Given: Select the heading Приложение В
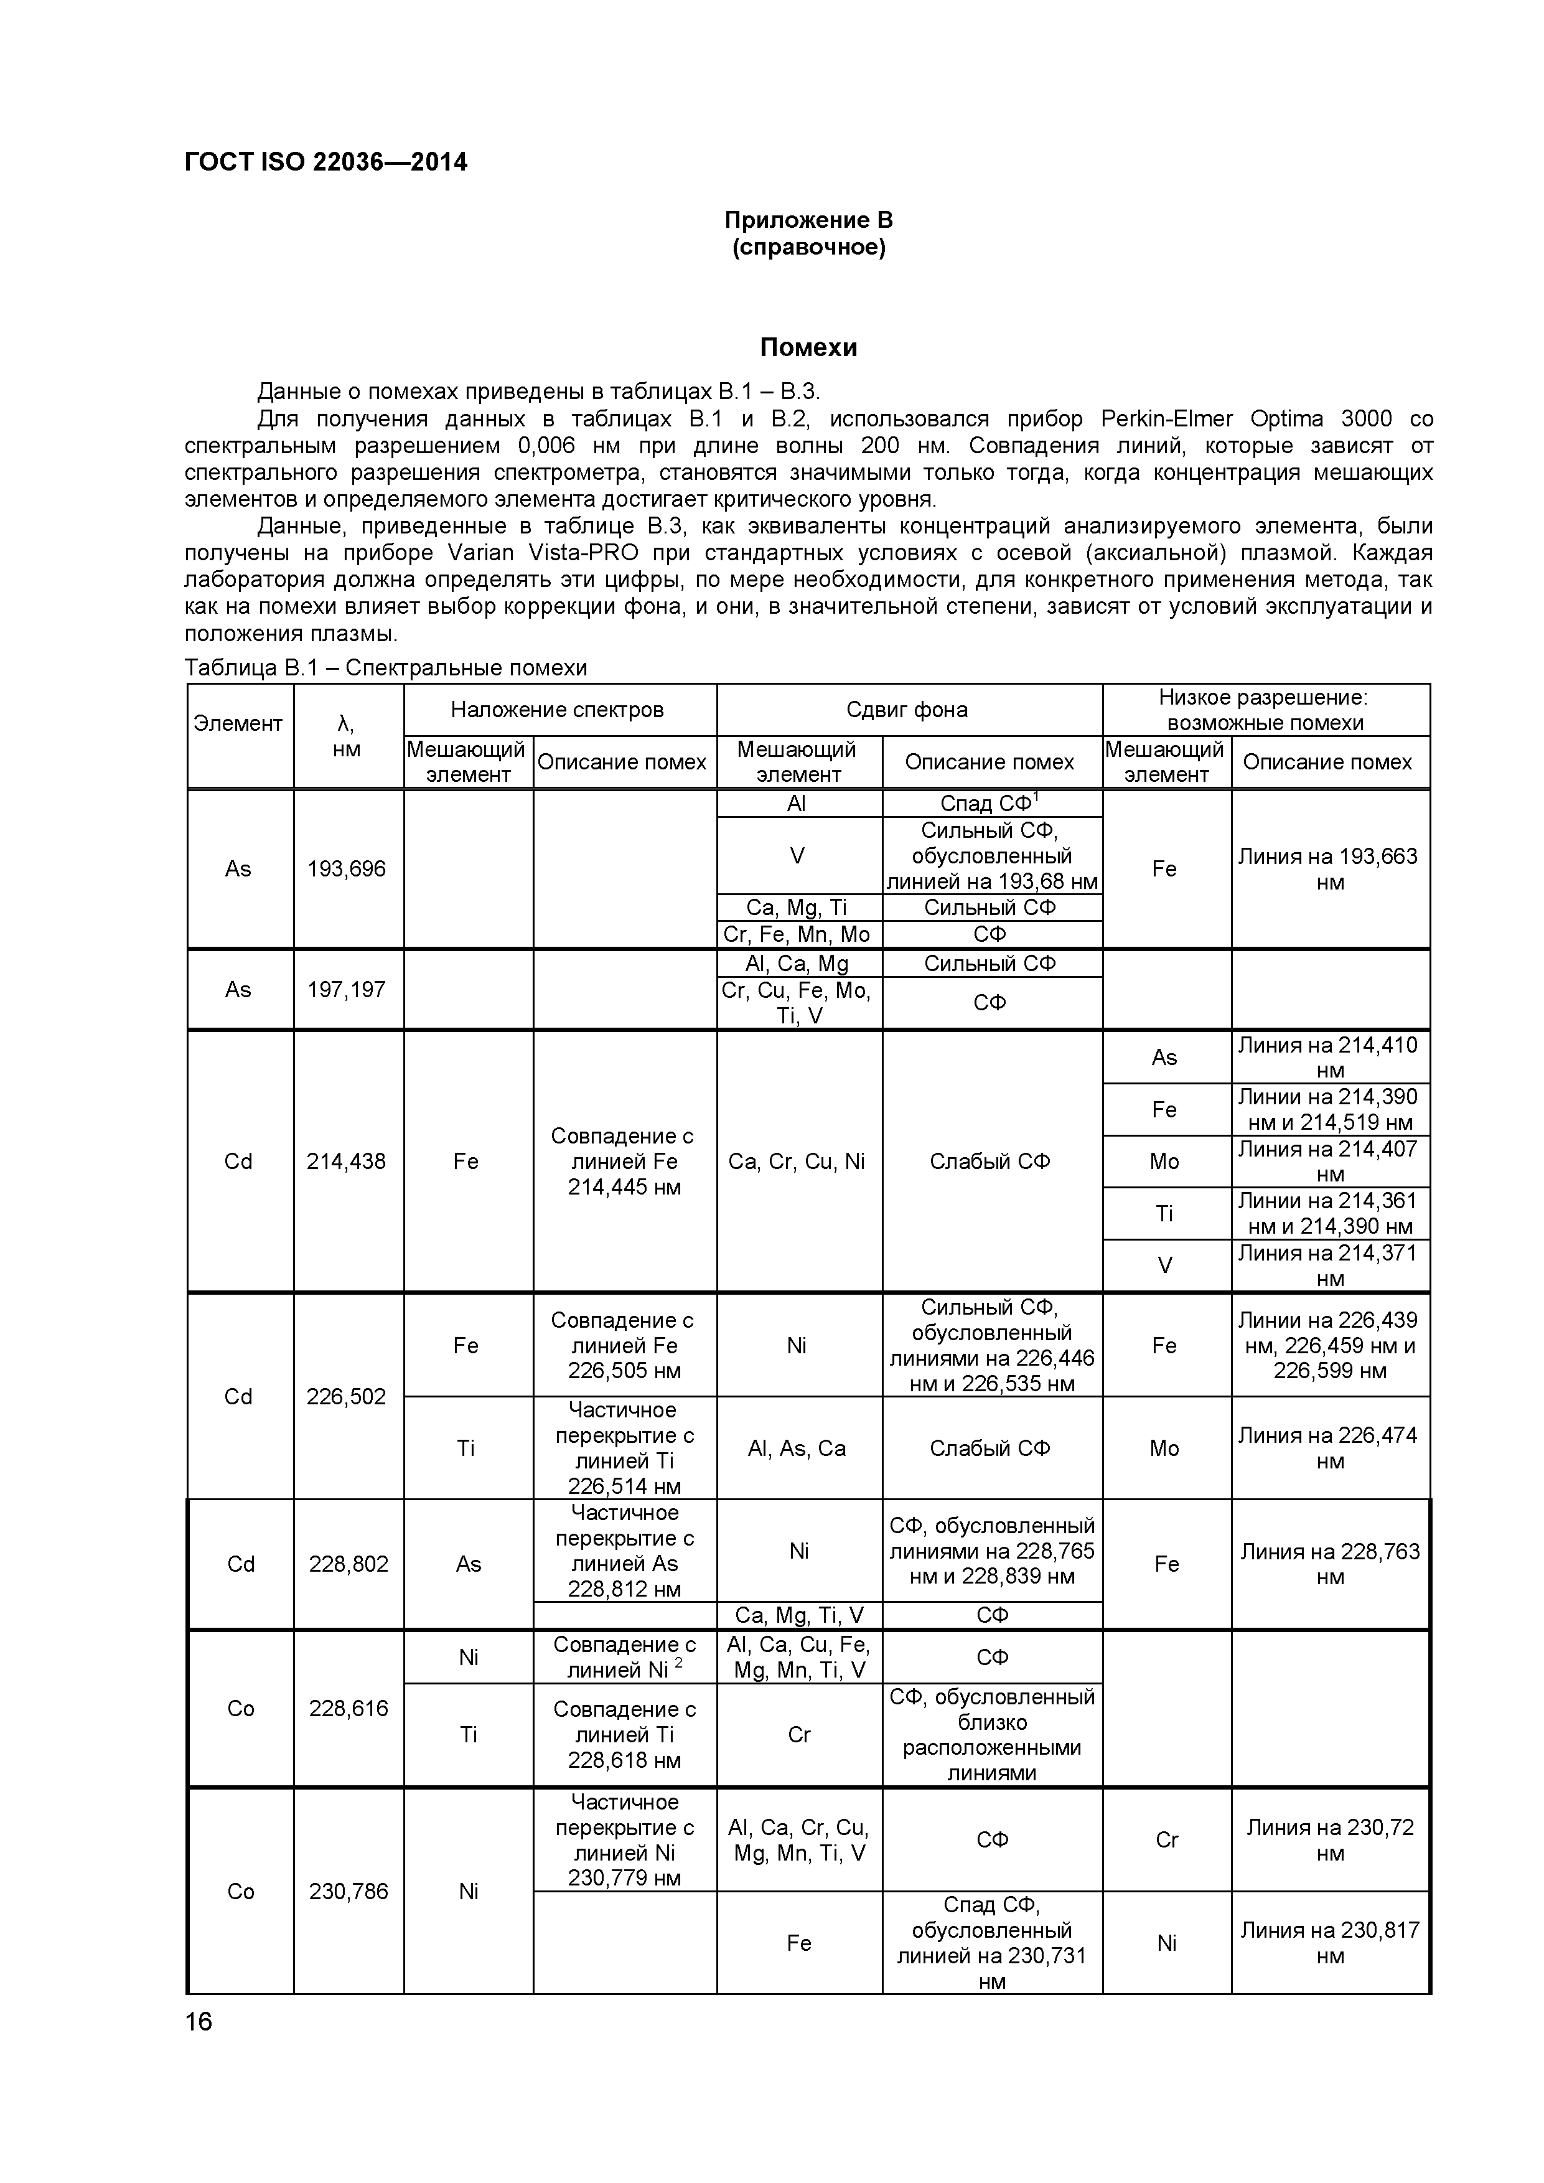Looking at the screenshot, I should point(808,220).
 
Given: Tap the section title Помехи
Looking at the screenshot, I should point(808,348).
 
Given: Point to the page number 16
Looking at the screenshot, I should point(199,2021).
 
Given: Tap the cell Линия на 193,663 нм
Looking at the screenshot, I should point(1329,869).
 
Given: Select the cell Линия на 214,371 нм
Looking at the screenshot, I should point(1329,1265).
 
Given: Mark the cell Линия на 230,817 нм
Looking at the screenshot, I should point(1329,1943).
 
